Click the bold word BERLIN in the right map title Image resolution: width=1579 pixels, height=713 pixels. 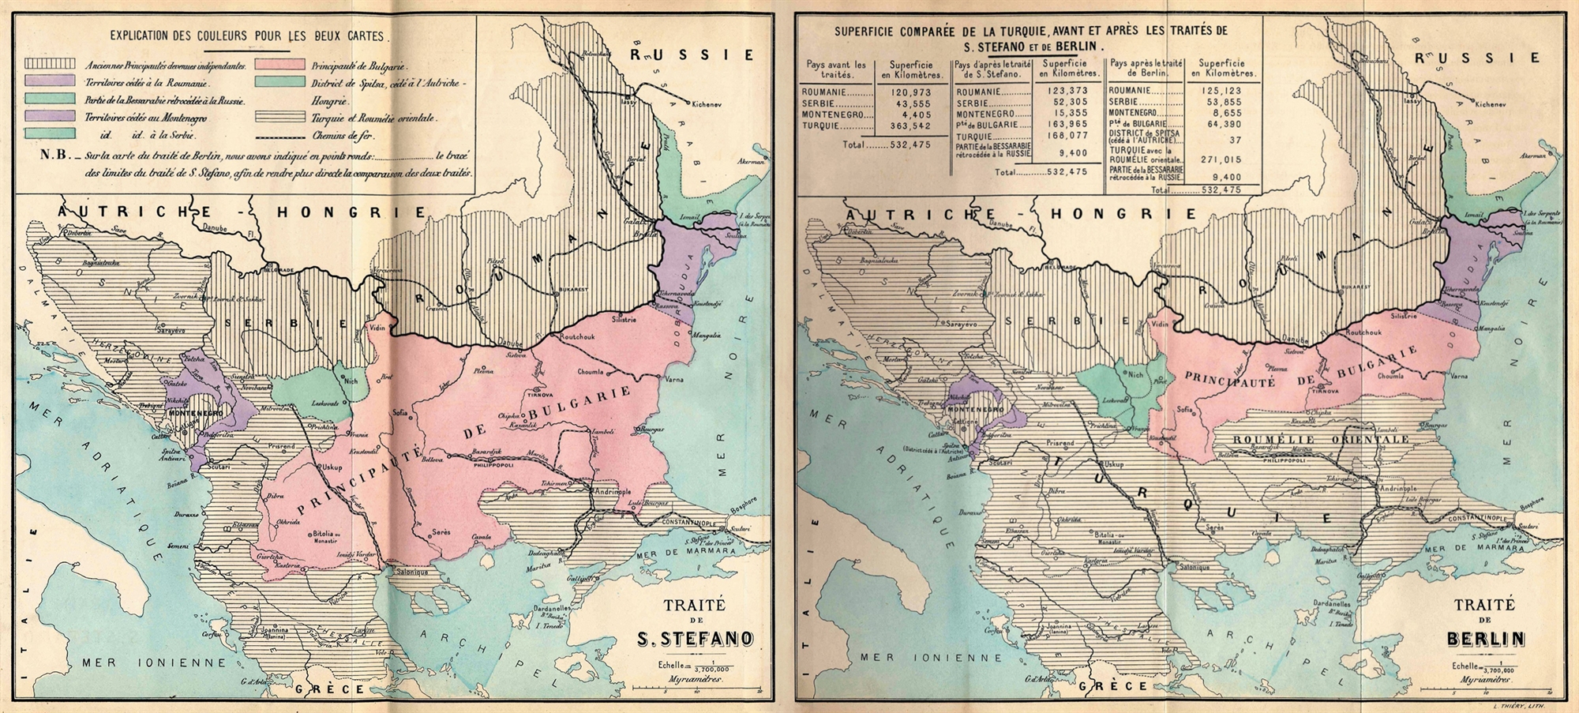point(1487,639)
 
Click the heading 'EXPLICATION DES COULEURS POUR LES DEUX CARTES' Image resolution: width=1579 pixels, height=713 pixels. point(247,36)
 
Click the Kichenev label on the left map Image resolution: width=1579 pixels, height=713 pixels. point(714,104)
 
